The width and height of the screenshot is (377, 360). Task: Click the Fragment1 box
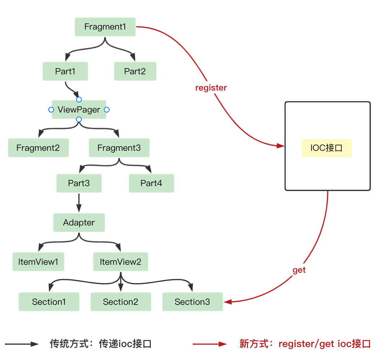click(x=105, y=27)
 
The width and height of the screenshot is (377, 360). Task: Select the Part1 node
click(x=65, y=71)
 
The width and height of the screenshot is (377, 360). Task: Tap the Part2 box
click(x=135, y=71)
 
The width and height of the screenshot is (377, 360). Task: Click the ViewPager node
click(x=79, y=110)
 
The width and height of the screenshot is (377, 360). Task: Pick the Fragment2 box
click(x=38, y=148)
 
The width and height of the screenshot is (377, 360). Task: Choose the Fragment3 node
click(x=119, y=148)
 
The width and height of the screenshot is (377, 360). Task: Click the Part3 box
click(x=79, y=183)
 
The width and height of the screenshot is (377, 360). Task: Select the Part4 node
click(x=151, y=183)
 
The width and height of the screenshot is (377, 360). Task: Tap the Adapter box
click(x=79, y=223)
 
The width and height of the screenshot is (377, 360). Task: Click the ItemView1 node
click(x=38, y=262)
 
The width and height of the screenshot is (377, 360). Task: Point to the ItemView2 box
click(x=120, y=262)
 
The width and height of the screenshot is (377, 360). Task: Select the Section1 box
click(x=49, y=302)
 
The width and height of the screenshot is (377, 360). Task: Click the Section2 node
click(x=121, y=302)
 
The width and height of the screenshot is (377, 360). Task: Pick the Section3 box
click(x=192, y=302)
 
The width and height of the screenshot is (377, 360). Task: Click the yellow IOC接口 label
click(x=327, y=148)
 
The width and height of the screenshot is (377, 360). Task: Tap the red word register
click(x=211, y=88)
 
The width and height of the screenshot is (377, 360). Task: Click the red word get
click(x=299, y=270)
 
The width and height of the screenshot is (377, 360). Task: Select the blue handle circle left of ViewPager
click(x=51, y=110)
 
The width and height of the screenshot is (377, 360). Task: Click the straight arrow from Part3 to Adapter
click(x=79, y=203)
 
